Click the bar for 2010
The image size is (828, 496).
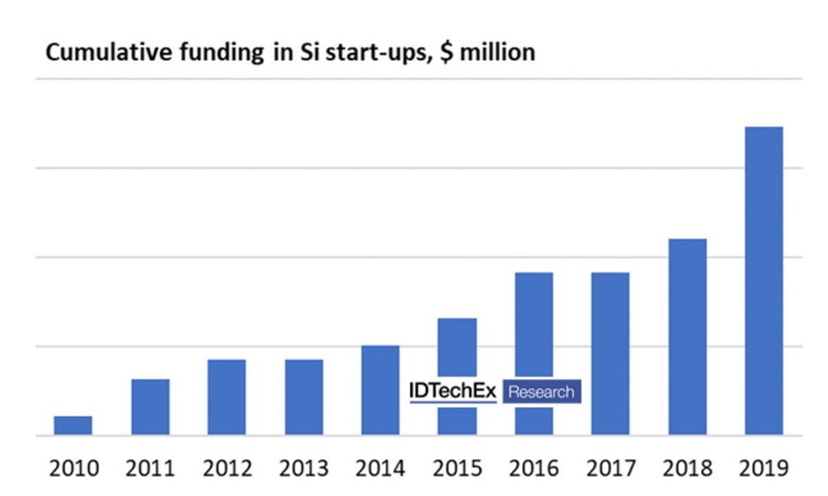tap(73, 426)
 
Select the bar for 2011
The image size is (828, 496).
tap(150, 407)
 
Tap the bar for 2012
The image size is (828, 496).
tap(226, 397)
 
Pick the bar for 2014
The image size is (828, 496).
tap(380, 390)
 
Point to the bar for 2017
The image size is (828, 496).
tap(610, 354)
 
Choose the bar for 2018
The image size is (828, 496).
tap(687, 337)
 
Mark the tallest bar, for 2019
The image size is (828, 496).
tap(763, 281)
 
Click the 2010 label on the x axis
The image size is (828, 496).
tap(74, 469)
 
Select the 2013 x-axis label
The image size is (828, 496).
tap(304, 469)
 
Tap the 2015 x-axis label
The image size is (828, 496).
tap(457, 469)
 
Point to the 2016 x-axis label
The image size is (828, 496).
tap(534, 469)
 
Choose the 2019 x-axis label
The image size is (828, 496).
tap(764, 469)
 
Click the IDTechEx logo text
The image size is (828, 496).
tap(453, 392)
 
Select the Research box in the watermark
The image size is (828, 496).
tap(541, 393)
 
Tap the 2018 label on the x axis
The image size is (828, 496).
tap(687, 469)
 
